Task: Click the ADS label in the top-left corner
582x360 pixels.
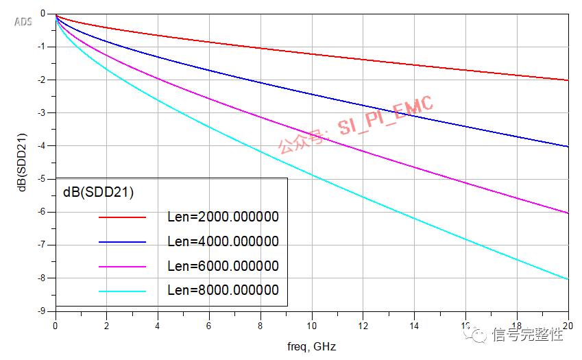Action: [23, 22]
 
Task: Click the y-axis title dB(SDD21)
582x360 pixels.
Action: [22, 161]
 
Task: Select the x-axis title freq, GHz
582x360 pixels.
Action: [312, 346]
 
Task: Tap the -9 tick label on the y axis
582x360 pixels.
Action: [42, 311]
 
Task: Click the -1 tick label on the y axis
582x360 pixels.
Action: [42, 47]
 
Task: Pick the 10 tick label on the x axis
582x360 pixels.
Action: [312, 326]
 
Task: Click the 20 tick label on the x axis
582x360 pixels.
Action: [568, 326]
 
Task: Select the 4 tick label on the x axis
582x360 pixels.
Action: [158, 326]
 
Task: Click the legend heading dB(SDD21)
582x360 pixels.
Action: [98, 193]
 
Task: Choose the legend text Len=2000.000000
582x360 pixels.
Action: [223, 217]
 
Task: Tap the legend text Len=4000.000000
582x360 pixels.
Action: [223, 241]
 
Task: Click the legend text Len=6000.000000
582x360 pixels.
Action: [223, 266]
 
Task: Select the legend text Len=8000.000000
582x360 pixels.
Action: [223, 291]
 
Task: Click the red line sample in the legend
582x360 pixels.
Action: [123, 217]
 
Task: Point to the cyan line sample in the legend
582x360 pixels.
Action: [123, 291]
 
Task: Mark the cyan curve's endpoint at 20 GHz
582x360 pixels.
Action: [568, 279]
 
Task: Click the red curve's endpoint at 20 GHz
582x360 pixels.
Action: [568, 80]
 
